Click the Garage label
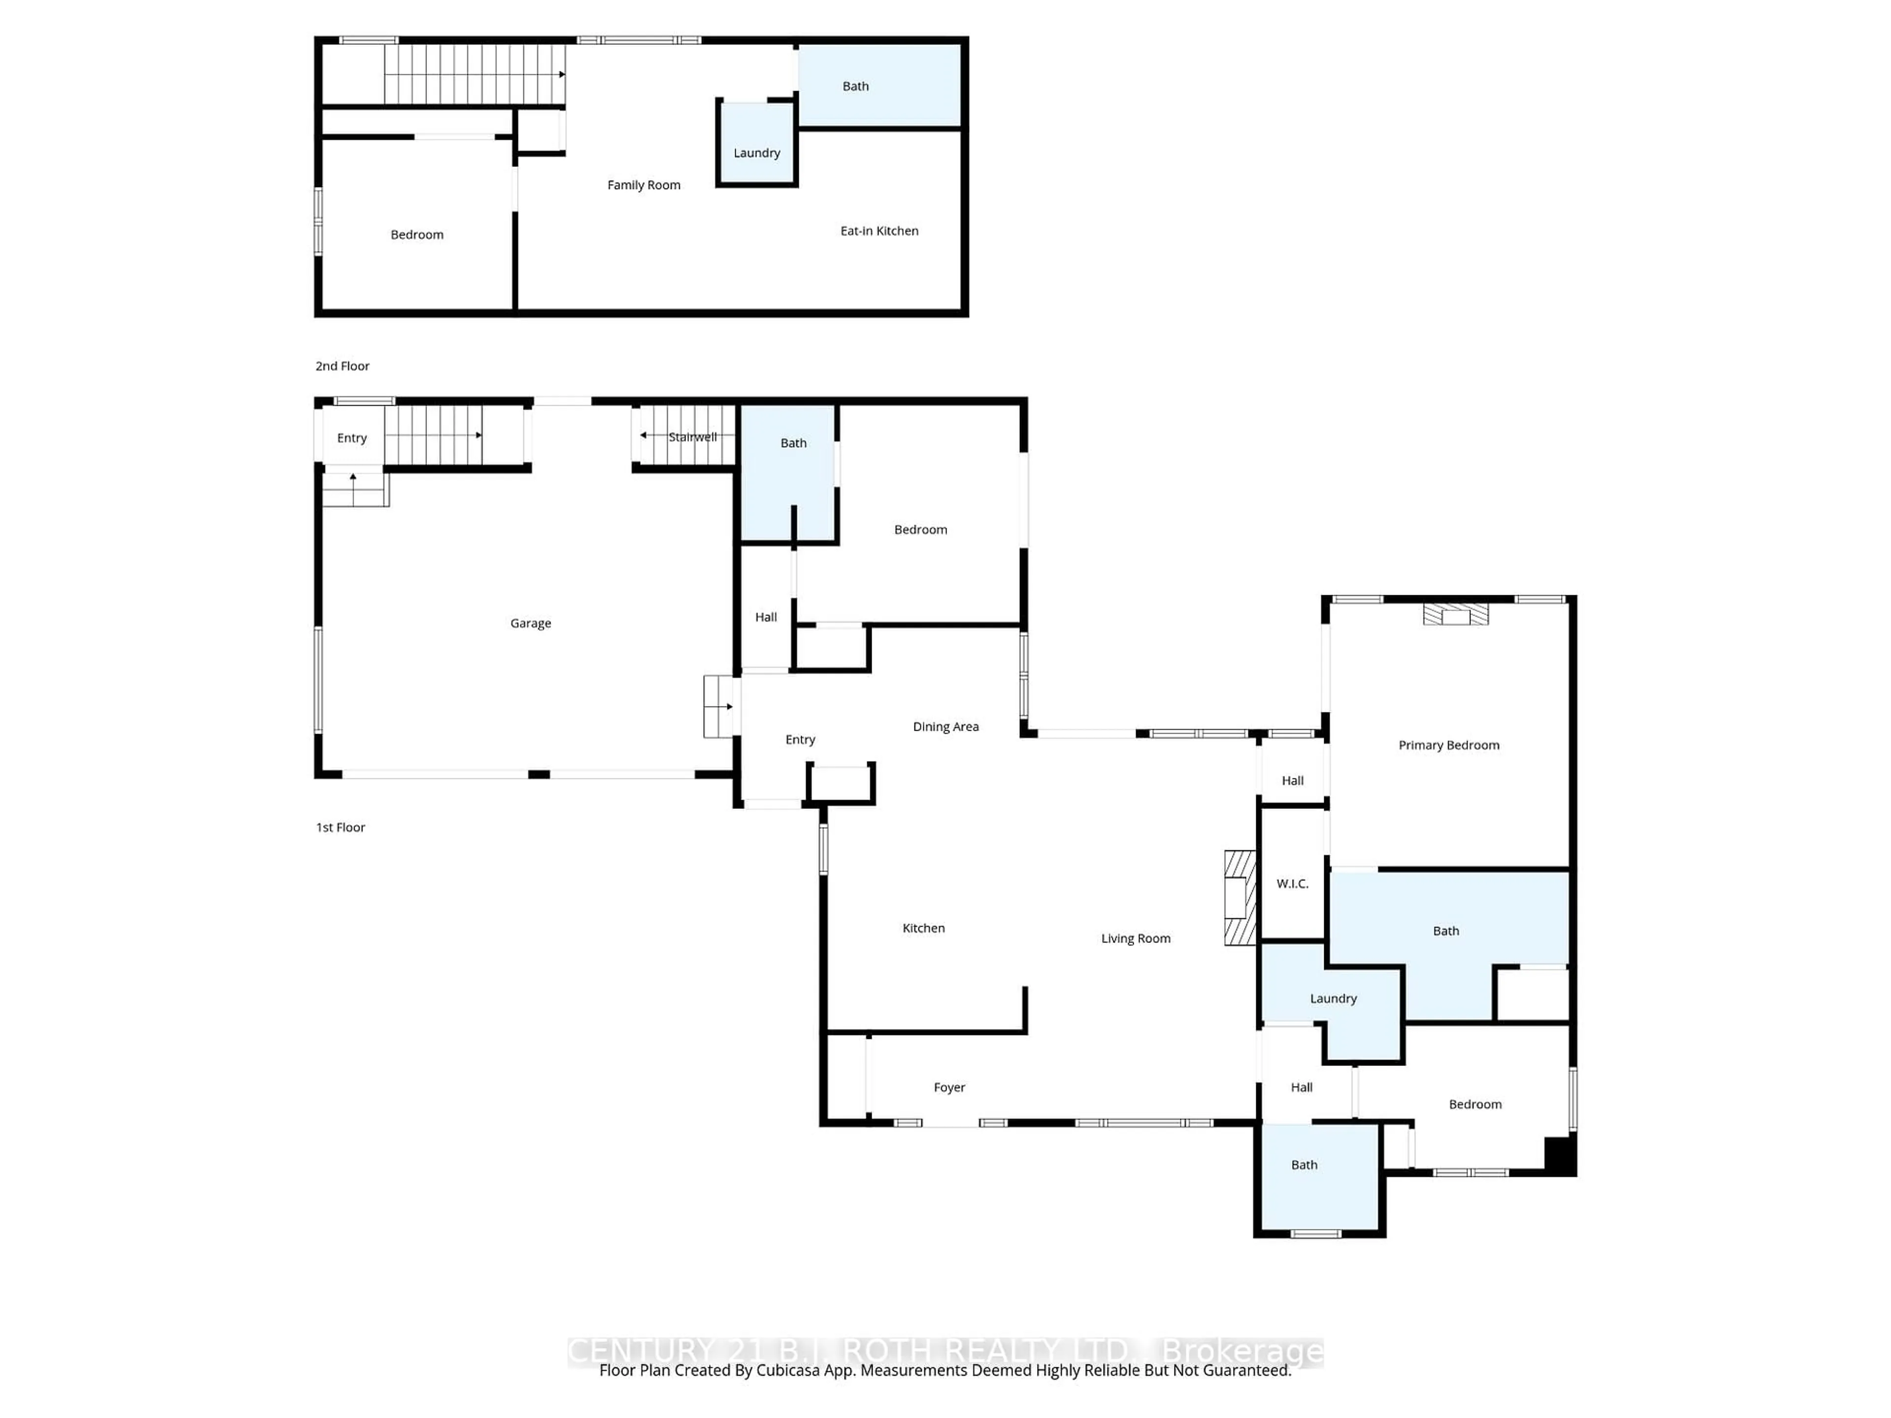(x=530, y=623)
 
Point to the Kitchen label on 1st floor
(x=923, y=928)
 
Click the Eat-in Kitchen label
(x=879, y=231)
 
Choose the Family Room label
(x=644, y=185)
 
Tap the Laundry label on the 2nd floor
(x=756, y=153)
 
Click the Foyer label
(x=949, y=1087)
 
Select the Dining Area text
(x=945, y=727)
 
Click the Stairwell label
(x=692, y=437)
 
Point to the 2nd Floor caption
(x=342, y=366)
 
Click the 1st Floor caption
(x=340, y=827)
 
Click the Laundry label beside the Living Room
(x=1333, y=999)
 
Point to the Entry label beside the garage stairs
(x=351, y=438)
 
